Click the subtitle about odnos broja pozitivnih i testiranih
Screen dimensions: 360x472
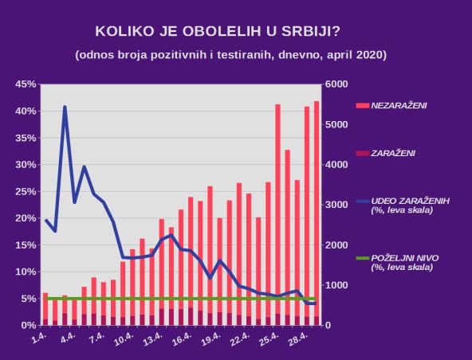coord(231,55)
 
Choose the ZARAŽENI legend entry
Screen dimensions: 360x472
coord(391,152)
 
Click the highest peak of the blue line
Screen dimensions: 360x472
coord(65,107)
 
